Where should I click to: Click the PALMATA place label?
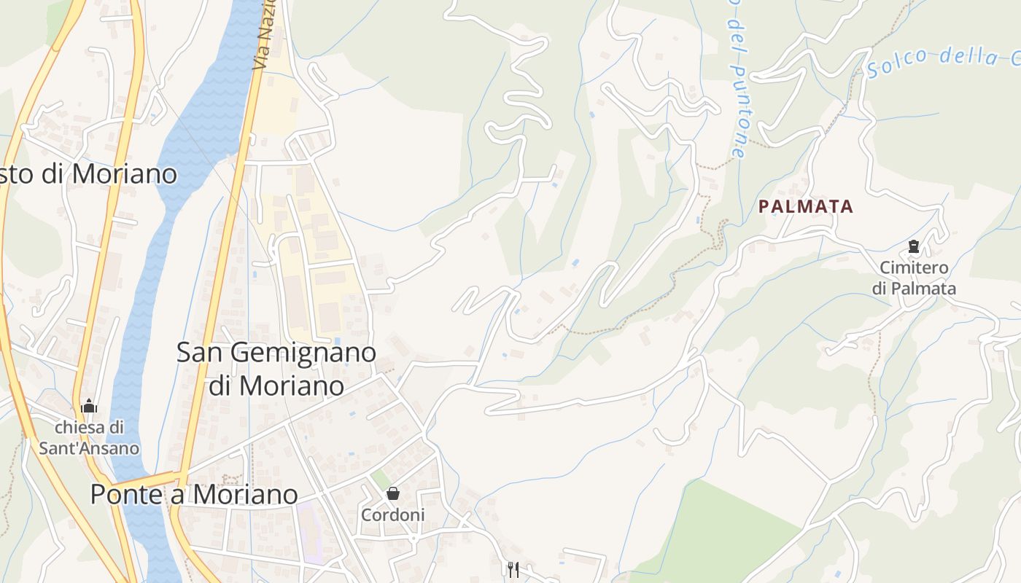pyautogui.click(x=805, y=206)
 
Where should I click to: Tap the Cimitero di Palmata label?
pyautogui.click(x=914, y=278)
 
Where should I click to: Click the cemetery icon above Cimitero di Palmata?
pyautogui.click(x=913, y=246)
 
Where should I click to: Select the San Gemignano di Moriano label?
pyautogui.click(x=276, y=369)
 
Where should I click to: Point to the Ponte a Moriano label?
pyautogui.click(x=194, y=494)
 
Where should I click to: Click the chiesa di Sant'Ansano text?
pyautogui.click(x=89, y=437)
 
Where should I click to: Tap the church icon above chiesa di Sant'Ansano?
pyautogui.click(x=89, y=406)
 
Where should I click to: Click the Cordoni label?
pyautogui.click(x=392, y=514)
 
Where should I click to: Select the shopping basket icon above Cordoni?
pyautogui.click(x=393, y=493)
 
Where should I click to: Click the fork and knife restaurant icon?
pyautogui.click(x=513, y=568)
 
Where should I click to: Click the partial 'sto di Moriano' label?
pyautogui.click(x=88, y=174)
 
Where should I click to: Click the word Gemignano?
pyautogui.click(x=303, y=353)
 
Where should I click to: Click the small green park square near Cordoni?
pyautogui.click(x=380, y=480)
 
